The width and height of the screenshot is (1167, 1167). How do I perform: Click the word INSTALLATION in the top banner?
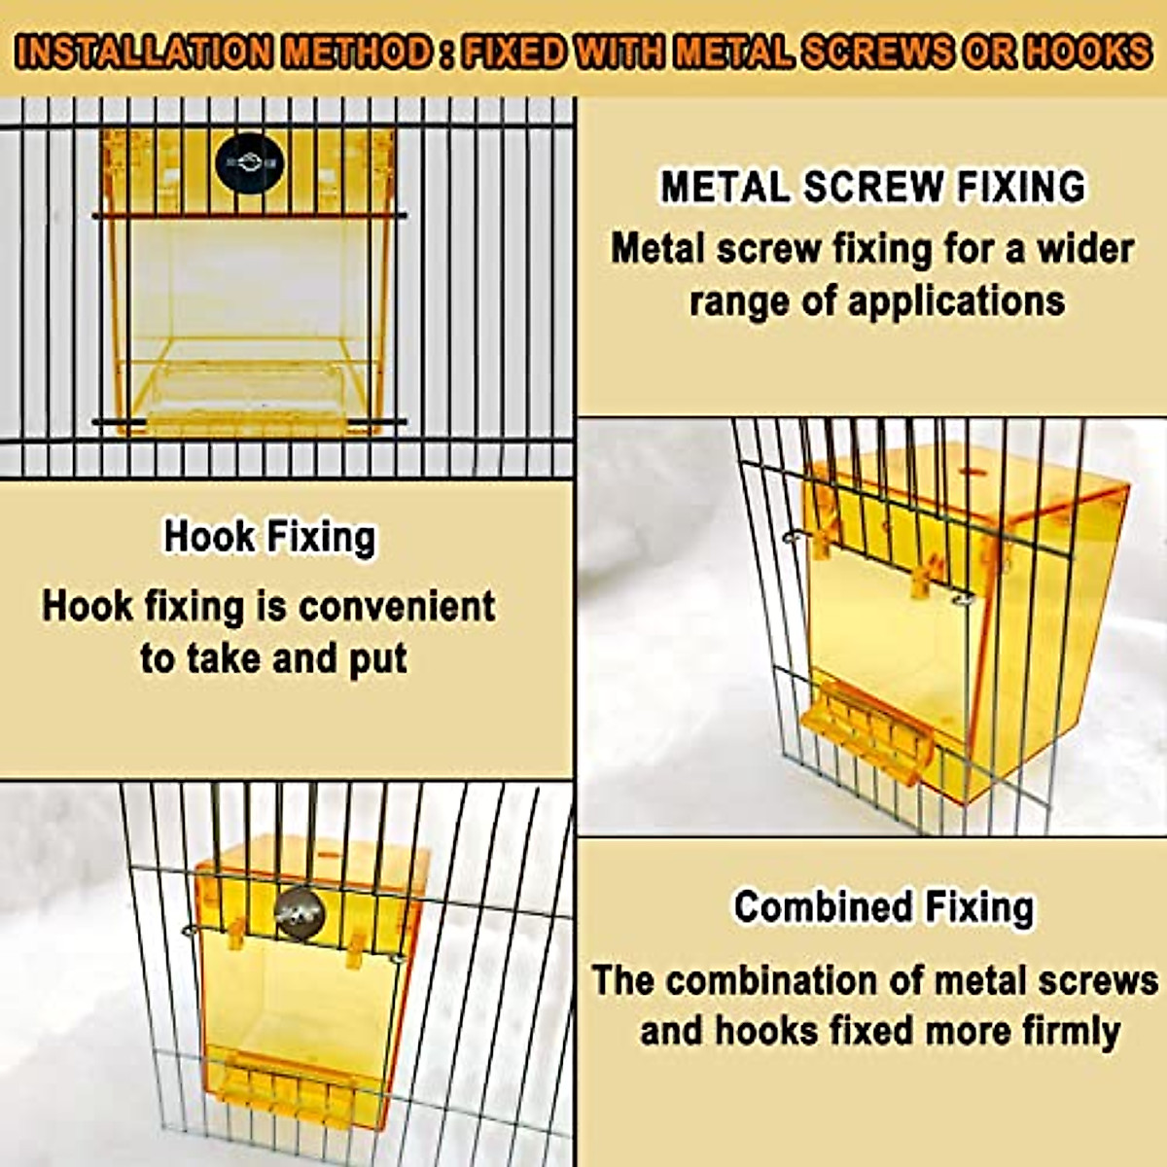point(143,52)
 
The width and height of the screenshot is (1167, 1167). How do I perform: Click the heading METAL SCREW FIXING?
point(872,187)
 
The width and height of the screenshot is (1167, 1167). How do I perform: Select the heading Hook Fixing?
point(269,536)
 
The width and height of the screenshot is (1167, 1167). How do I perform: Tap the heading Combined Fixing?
point(884,906)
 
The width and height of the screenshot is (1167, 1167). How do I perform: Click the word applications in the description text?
point(956,301)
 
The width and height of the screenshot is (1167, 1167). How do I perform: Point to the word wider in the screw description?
point(1085,249)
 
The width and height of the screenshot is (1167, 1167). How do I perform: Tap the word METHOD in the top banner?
point(356,52)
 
